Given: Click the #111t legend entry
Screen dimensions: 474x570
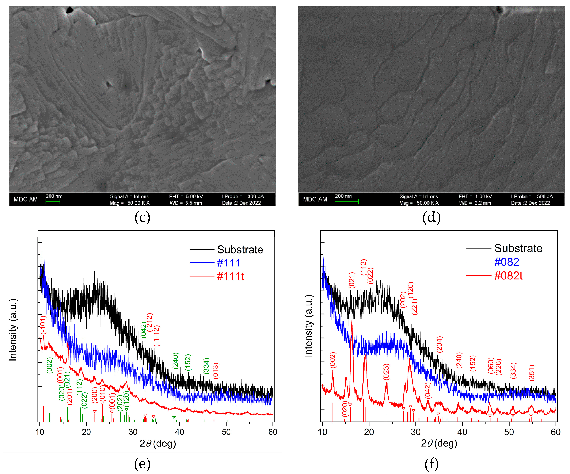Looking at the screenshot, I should [x=230, y=276].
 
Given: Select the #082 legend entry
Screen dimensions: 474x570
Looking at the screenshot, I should [x=506, y=262].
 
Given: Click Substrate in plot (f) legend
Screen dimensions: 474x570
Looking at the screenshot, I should [x=518, y=248].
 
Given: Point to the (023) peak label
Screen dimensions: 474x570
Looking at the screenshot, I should [x=386, y=371].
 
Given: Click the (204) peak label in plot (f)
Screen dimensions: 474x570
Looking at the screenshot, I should [x=439, y=344].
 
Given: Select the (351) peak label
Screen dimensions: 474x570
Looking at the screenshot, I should [x=532, y=373].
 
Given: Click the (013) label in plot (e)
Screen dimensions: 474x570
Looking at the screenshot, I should [x=216, y=371].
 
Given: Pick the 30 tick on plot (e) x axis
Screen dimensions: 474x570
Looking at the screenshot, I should [x=133, y=432].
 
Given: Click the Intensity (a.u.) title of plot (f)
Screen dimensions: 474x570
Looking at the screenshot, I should [x=309, y=326].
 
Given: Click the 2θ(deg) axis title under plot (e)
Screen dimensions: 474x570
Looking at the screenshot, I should [x=158, y=443].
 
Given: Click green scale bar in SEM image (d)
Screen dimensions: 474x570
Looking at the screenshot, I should [x=347, y=201].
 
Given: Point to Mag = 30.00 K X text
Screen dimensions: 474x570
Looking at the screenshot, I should [x=130, y=203].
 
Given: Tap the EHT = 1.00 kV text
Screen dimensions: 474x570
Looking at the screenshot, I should [x=475, y=196].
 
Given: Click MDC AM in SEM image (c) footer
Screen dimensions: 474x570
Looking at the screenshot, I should [x=26, y=199].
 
